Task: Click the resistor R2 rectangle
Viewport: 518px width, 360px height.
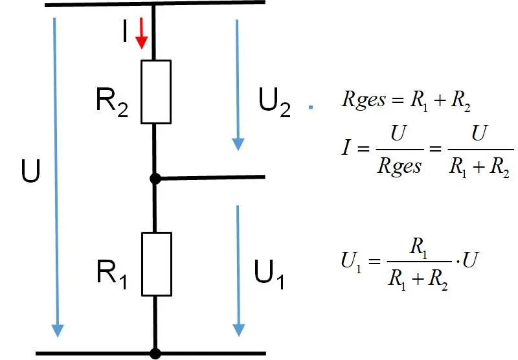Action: (156, 91)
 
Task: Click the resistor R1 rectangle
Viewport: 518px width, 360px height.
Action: (156, 263)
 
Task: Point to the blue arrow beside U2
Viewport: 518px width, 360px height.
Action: (238, 84)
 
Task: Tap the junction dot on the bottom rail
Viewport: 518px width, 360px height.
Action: (155, 354)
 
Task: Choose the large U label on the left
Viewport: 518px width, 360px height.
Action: (30, 172)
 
